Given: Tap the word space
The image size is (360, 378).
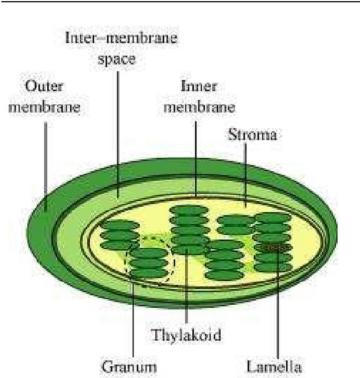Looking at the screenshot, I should pos(120,60).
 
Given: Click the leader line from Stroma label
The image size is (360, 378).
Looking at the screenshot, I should pos(246,174).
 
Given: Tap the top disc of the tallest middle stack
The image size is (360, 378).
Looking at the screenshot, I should pos(189,210).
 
